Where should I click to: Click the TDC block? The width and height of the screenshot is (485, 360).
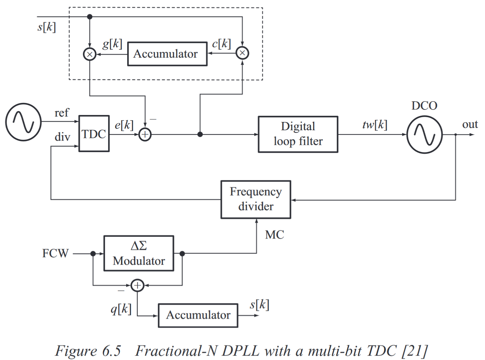tap(94, 134)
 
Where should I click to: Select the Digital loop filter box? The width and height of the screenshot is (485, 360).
tap(298, 134)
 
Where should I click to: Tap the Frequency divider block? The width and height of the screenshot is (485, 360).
tap(256, 199)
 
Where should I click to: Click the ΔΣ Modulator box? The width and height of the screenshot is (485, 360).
tap(139, 254)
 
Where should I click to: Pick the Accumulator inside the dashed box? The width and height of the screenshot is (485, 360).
tap(167, 54)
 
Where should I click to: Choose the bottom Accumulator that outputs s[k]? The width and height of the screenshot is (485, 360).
tap(198, 315)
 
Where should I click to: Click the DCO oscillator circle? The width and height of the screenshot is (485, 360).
tap(424, 134)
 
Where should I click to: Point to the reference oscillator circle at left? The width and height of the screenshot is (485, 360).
tap(24, 122)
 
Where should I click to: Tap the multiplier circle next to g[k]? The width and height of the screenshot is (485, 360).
tap(90, 54)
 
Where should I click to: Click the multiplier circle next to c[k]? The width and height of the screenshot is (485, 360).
tap(242, 53)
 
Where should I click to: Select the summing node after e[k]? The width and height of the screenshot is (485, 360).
tap(145, 134)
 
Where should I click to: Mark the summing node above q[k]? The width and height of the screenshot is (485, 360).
tap(138, 285)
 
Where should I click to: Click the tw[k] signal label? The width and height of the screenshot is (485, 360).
tap(375, 125)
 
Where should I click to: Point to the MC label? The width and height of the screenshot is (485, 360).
tap(274, 235)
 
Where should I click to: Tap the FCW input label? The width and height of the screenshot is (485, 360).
tap(55, 254)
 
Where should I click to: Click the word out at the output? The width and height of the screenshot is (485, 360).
tap(470, 124)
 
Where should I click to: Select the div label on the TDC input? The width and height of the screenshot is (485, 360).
tap(62, 137)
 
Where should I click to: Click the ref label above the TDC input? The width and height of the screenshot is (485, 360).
tap(62, 113)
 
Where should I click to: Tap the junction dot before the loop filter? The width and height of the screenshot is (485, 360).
tap(200, 134)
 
